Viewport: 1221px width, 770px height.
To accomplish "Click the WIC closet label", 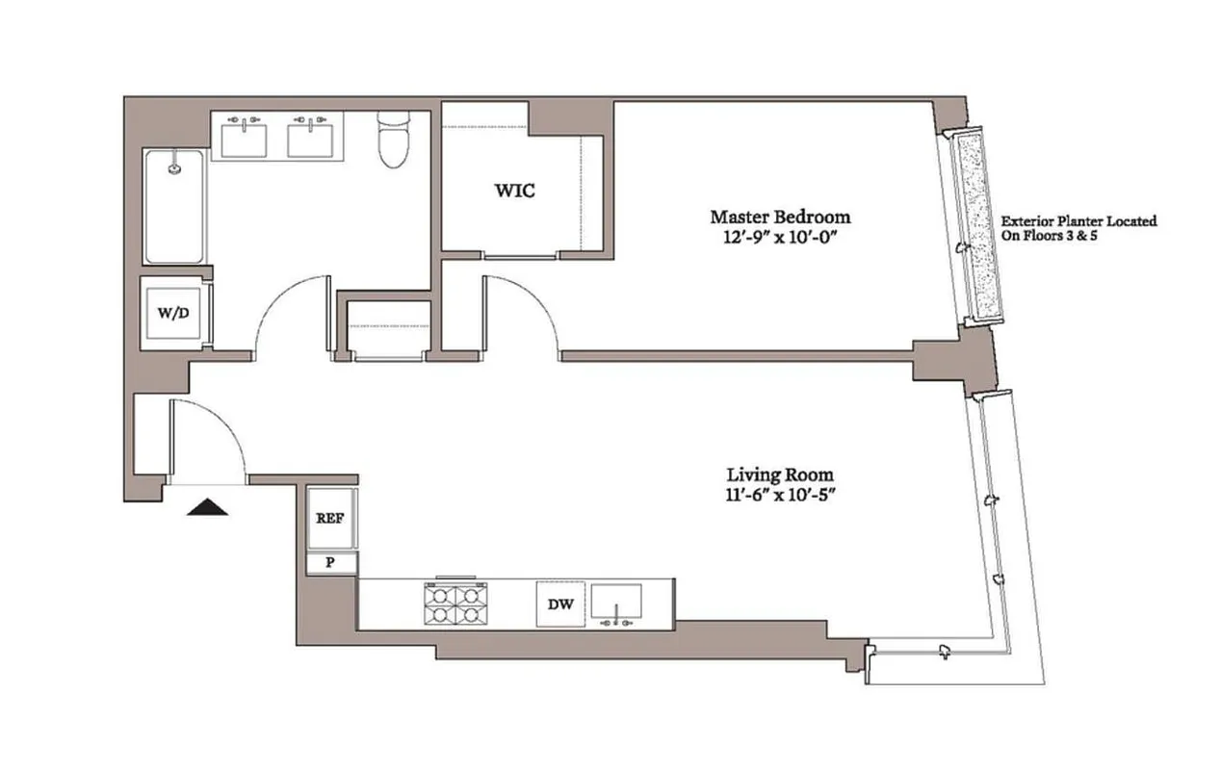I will click(x=515, y=191).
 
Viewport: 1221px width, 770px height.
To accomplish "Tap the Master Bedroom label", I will click(x=780, y=217).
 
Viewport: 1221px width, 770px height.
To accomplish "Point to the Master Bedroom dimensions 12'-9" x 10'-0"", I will click(x=780, y=237).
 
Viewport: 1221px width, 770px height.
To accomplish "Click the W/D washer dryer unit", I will click(x=173, y=314).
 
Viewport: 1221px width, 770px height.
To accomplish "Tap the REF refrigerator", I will click(x=330, y=518).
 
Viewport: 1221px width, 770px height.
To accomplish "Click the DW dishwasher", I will click(x=560, y=603).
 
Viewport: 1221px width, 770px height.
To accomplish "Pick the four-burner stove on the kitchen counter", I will click(x=452, y=603).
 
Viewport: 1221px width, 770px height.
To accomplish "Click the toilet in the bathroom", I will click(x=393, y=142).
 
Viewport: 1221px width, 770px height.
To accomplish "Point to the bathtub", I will click(x=174, y=206).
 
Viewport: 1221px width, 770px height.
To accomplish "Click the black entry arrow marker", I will click(x=207, y=507).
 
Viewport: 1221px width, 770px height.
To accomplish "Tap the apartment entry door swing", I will click(x=207, y=438).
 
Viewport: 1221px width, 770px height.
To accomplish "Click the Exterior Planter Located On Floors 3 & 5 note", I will click(x=1078, y=227).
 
